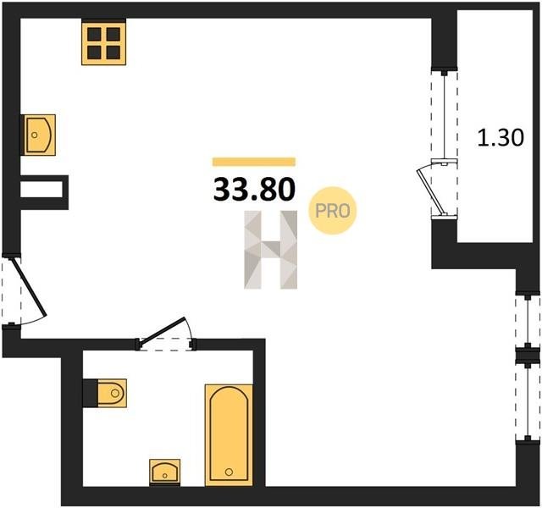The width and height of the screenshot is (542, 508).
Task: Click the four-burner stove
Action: [x=103, y=41]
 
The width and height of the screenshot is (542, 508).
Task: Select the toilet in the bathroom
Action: [x=112, y=393]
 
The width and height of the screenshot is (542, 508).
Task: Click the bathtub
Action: [x=229, y=434]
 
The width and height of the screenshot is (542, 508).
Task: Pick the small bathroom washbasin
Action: [x=165, y=472]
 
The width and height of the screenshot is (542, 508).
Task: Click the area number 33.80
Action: [x=254, y=190]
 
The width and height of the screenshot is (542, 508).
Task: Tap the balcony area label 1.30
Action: [x=501, y=137]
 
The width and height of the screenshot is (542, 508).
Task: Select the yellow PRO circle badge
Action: [x=333, y=211]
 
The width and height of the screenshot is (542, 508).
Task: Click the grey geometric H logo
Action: [x=271, y=250]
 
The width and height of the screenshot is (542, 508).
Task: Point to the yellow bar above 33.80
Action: [x=254, y=162]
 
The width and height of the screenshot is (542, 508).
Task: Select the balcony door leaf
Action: [x=429, y=190]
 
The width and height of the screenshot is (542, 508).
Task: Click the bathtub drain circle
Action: [x=229, y=472]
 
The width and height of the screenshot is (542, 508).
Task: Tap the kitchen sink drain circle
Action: [x=34, y=135]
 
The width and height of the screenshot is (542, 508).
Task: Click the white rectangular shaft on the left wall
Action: [x=41, y=190]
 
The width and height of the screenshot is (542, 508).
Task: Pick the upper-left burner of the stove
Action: [x=94, y=34]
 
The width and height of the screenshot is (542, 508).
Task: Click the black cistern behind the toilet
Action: [x=91, y=393]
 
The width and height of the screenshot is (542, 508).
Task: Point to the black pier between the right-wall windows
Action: [x=528, y=356]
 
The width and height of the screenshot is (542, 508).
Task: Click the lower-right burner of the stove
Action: [x=113, y=52]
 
